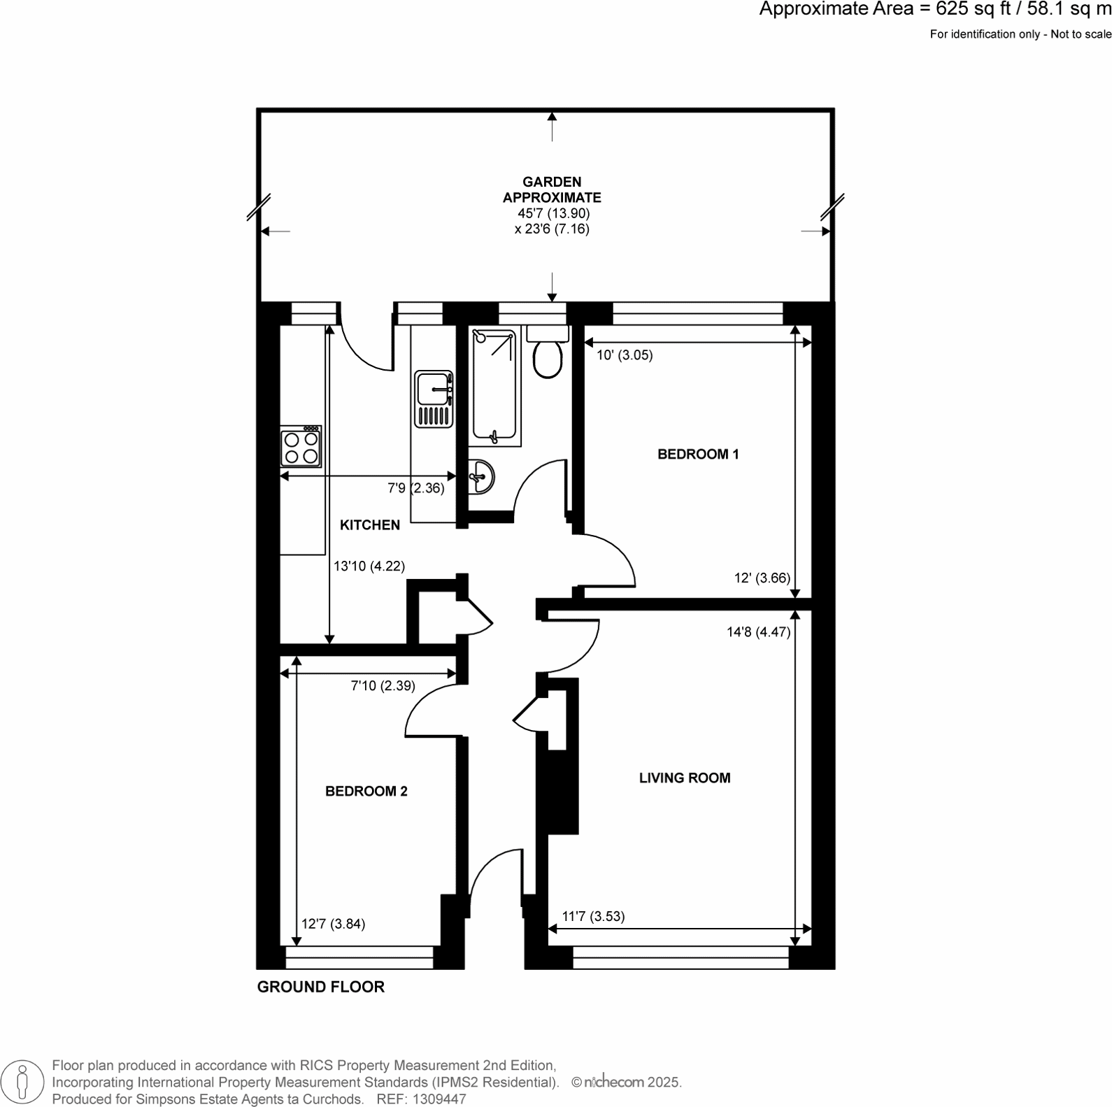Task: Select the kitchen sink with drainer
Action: [x=434, y=399]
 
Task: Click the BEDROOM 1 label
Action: [x=698, y=455]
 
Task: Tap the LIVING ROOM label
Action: [x=684, y=778]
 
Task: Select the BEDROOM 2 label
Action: [x=366, y=791]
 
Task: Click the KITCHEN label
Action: [x=369, y=524]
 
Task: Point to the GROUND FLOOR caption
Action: [x=320, y=987]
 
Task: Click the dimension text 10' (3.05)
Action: [x=624, y=355]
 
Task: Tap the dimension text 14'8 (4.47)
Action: [x=758, y=632]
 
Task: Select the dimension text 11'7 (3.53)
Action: [x=593, y=916]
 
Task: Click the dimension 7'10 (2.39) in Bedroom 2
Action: [x=383, y=686]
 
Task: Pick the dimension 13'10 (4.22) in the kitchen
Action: [x=369, y=566]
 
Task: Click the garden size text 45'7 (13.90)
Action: [x=553, y=213]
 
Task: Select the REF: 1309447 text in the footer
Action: [x=421, y=1099]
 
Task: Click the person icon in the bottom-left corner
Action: [x=22, y=1082]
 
